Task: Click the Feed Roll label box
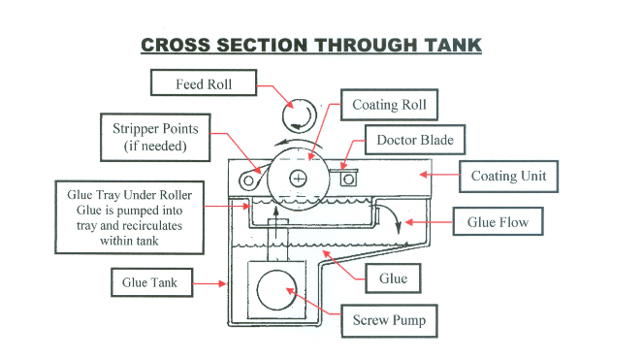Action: pos(204,82)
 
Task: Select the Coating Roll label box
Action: pos(389,105)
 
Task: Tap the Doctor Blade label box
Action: pos(415,140)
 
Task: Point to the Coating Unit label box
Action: pos(508,176)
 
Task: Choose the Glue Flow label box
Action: pos(498,221)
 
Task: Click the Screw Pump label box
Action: pos(389,320)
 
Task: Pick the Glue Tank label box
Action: pos(151,282)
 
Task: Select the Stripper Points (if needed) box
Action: pos(155,137)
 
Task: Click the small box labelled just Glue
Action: pos(393,278)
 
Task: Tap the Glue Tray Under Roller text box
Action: pos(130,217)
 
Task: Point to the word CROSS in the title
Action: pos(176,46)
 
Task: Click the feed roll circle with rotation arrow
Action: pos(300,115)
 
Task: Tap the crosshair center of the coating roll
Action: pos(298,179)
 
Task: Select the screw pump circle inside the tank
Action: pos(276,290)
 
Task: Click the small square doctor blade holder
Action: pos(348,179)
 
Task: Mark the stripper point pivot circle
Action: pos(248,180)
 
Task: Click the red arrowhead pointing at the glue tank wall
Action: pos(222,283)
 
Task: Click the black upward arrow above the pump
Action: pos(276,222)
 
